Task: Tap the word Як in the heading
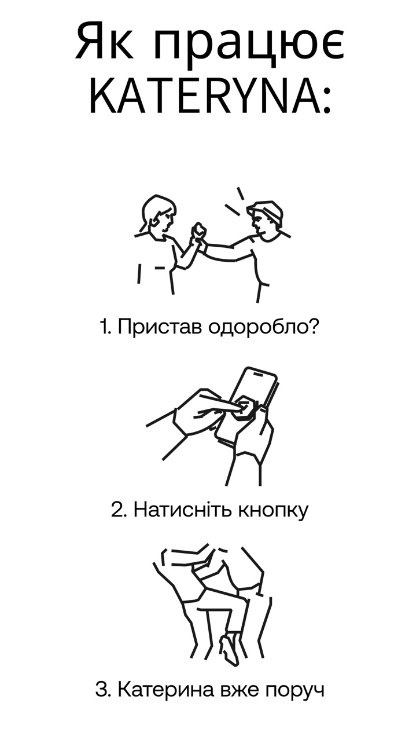click(104, 42)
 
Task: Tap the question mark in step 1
click(312, 327)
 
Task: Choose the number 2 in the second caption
click(117, 510)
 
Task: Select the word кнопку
click(273, 511)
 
